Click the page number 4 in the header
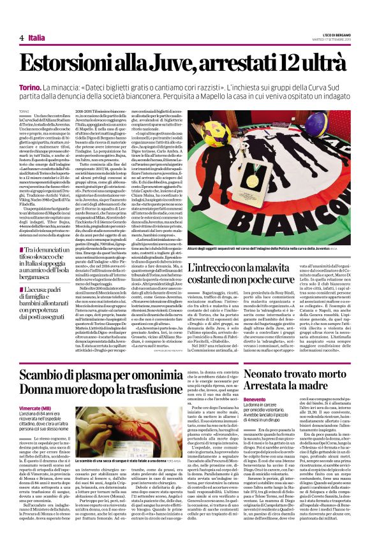click(22, 39)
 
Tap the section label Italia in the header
click(37, 39)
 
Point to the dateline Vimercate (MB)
click(35, 407)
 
